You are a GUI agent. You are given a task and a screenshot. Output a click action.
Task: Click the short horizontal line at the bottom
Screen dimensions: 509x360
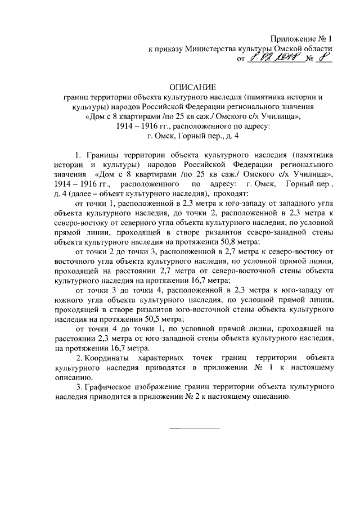pyautogui.click(x=195, y=429)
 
